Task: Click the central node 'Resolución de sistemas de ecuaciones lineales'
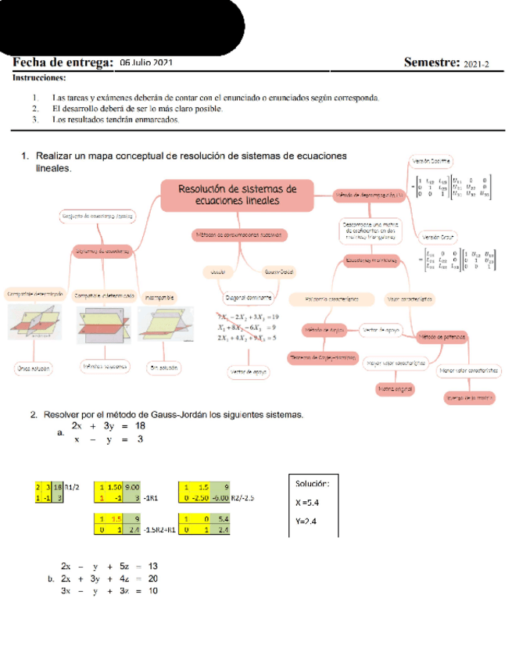[237, 195]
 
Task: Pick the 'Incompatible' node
[159, 296]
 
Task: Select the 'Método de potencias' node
[442, 336]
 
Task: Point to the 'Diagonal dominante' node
[249, 297]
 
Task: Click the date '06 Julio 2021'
[147, 62]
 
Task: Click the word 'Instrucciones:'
[39, 77]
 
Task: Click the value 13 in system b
[152, 565]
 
